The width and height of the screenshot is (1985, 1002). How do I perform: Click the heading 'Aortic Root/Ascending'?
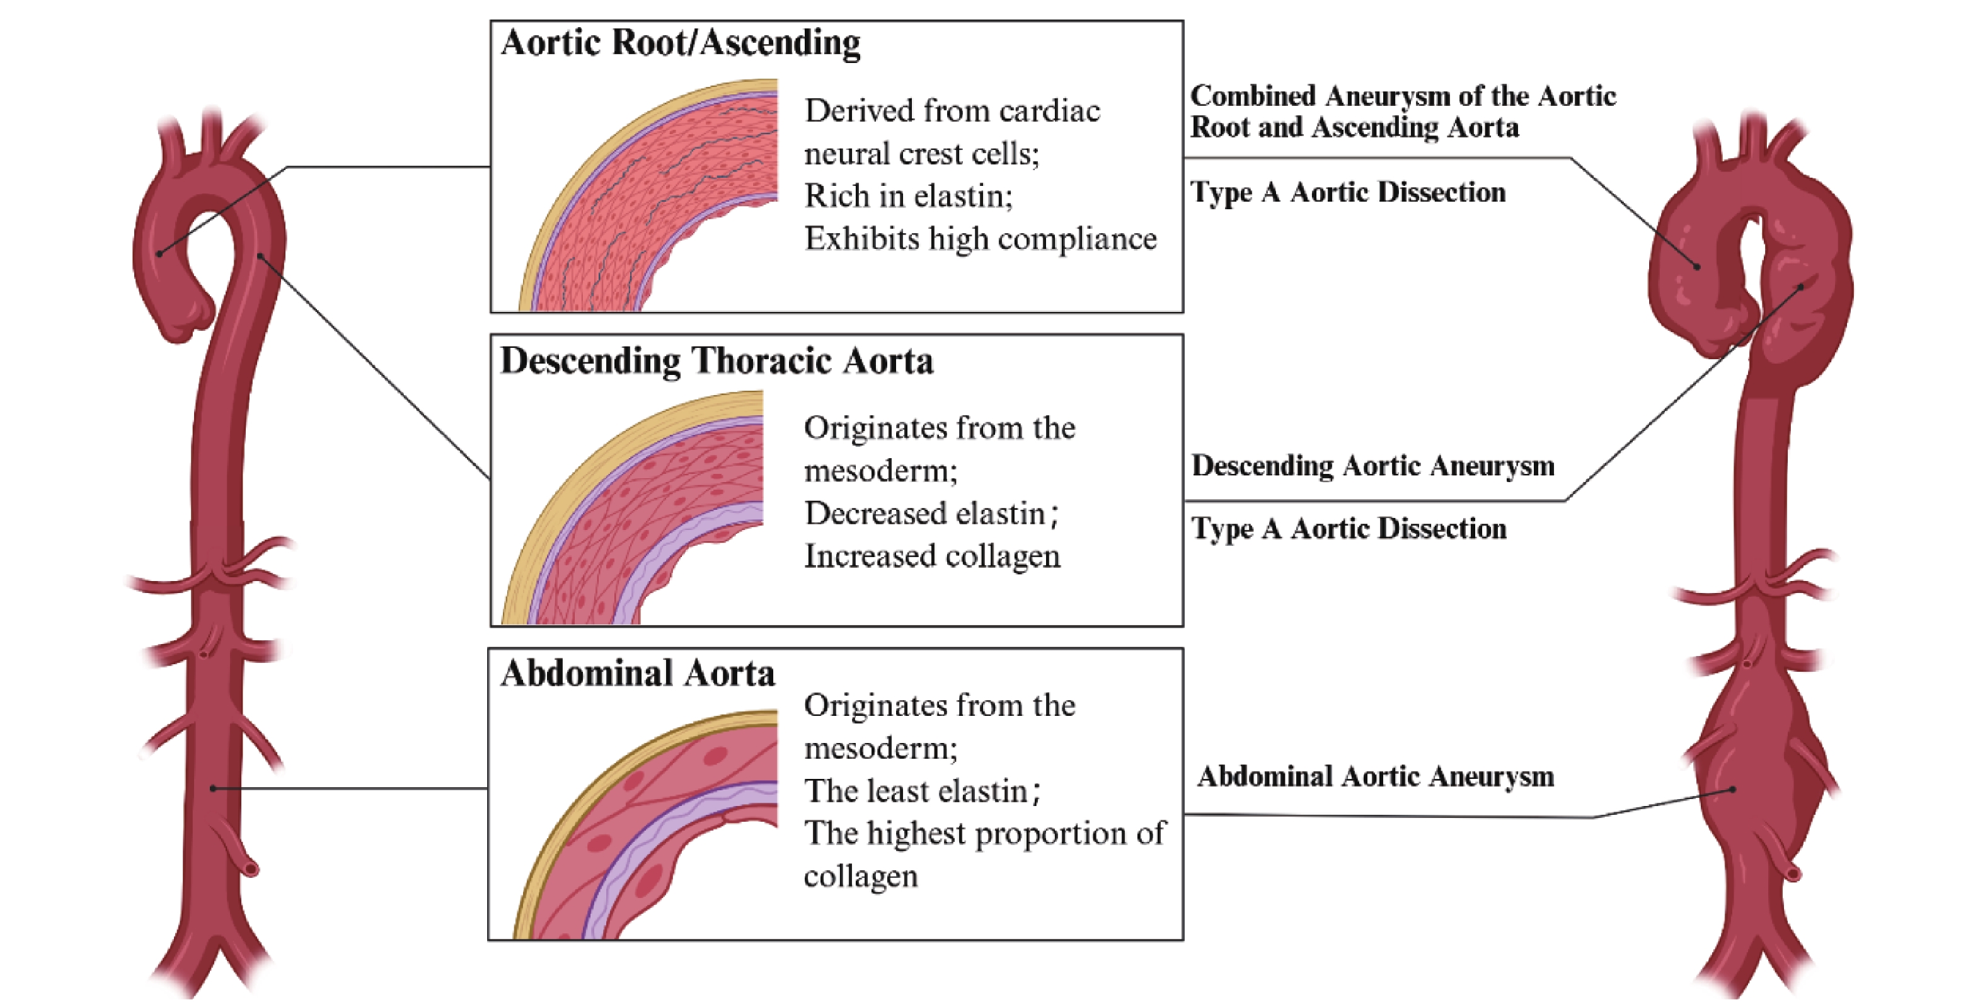click(681, 43)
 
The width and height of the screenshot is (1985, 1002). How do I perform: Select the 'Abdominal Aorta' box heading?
click(638, 674)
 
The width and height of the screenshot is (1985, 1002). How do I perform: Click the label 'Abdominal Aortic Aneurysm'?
click(1376, 777)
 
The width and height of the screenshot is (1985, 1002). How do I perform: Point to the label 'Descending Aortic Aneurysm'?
click(1373, 466)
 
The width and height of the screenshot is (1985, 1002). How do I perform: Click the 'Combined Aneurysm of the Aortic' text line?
click(1403, 96)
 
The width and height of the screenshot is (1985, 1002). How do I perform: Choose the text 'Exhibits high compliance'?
click(980, 239)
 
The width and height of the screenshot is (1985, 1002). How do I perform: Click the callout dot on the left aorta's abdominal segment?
click(214, 788)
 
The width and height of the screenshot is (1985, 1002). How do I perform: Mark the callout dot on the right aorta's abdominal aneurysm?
click(1732, 789)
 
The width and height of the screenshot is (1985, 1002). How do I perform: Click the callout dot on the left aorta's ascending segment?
click(159, 253)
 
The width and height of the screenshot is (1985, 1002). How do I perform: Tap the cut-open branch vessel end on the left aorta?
click(250, 868)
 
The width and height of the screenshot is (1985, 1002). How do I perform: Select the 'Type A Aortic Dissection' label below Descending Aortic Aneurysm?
click(1349, 529)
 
